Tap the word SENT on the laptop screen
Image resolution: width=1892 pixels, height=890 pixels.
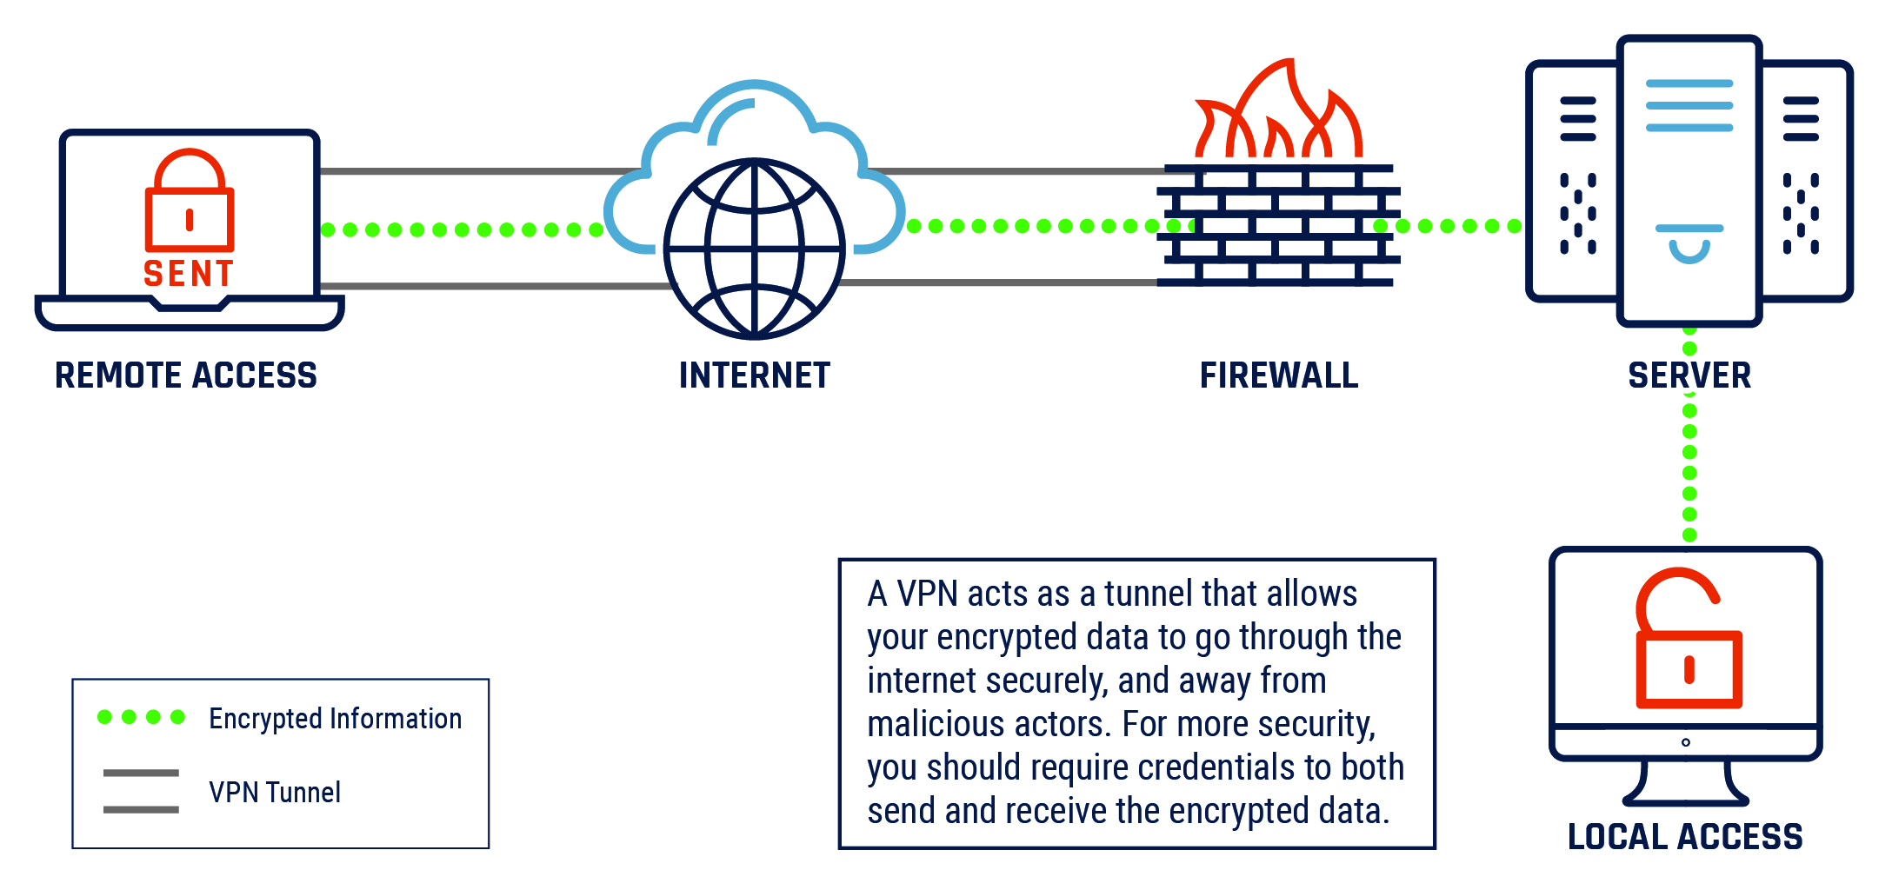[x=189, y=274]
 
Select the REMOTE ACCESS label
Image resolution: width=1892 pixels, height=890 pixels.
[x=186, y=375]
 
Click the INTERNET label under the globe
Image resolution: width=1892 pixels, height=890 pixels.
[x=755, y=375]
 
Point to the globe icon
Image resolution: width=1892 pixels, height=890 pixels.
[x=754, y=249]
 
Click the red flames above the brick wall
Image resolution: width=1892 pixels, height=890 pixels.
[x=1278, y=113]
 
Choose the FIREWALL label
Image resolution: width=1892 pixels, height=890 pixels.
[x=1279, y=375]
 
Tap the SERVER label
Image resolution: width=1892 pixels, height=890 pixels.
[x=1689, y=375]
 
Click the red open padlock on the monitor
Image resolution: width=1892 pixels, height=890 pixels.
[x=1688, y=643]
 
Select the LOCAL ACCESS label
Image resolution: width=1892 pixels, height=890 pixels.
[x=1685, y=836]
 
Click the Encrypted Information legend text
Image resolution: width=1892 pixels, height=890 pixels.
[x=335, y=719]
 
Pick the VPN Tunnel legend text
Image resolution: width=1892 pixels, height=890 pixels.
[x=275, y=793]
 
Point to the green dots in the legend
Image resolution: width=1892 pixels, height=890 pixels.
[x=141, y=717]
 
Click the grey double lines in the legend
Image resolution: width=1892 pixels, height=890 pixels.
[x=141, y=791]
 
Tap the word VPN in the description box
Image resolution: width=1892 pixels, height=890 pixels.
[x=927, y=594]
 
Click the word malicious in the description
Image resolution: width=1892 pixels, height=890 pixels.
[x=936, y=725]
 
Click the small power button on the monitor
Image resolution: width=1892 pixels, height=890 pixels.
[x=1686, y=742]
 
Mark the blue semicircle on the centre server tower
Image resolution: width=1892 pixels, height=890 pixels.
[x=1689, y=248]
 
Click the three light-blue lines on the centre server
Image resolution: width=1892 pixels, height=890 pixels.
[x=1689, y=106]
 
